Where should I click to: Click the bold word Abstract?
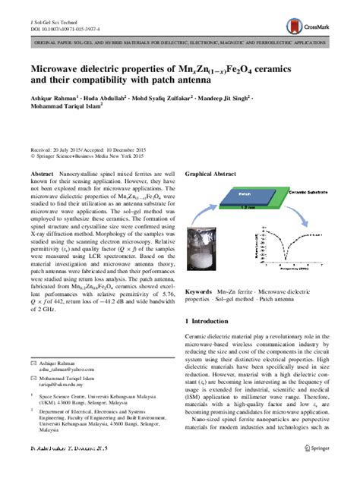tap(42, 175)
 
